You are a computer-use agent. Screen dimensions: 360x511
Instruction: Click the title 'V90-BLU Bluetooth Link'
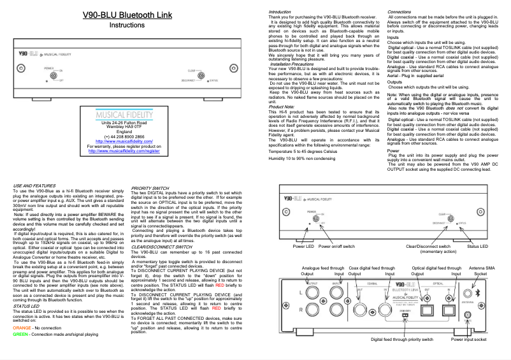point(127,14)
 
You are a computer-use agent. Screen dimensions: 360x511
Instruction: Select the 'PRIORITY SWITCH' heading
point(150,188)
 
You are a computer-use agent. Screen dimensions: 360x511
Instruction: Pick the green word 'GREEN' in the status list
point(22,351)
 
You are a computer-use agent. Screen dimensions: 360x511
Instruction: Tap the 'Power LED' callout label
point(303,245)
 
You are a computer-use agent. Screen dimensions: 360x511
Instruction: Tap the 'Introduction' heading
point(280,12)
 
